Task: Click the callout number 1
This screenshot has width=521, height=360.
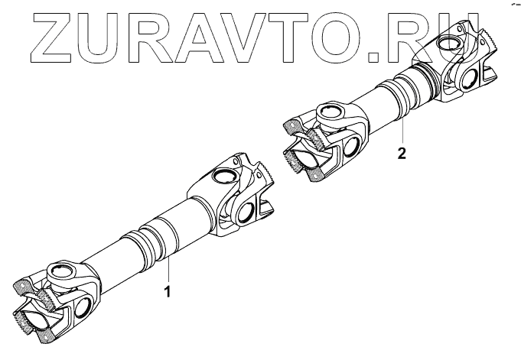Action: tap(168, 291)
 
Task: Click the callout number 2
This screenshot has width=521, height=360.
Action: tap(401, 152)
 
